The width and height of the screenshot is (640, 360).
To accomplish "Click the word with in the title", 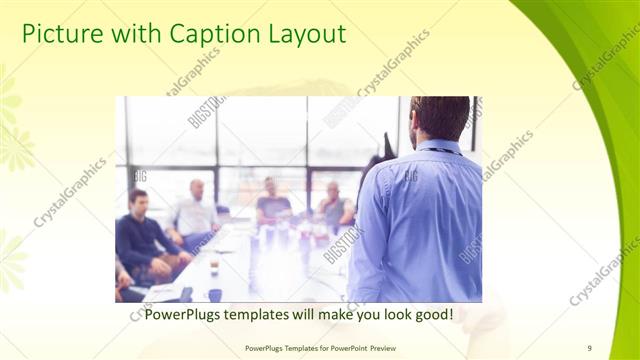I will tap(135, 34).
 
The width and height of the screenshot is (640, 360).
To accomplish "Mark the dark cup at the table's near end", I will tap(215, 295).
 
